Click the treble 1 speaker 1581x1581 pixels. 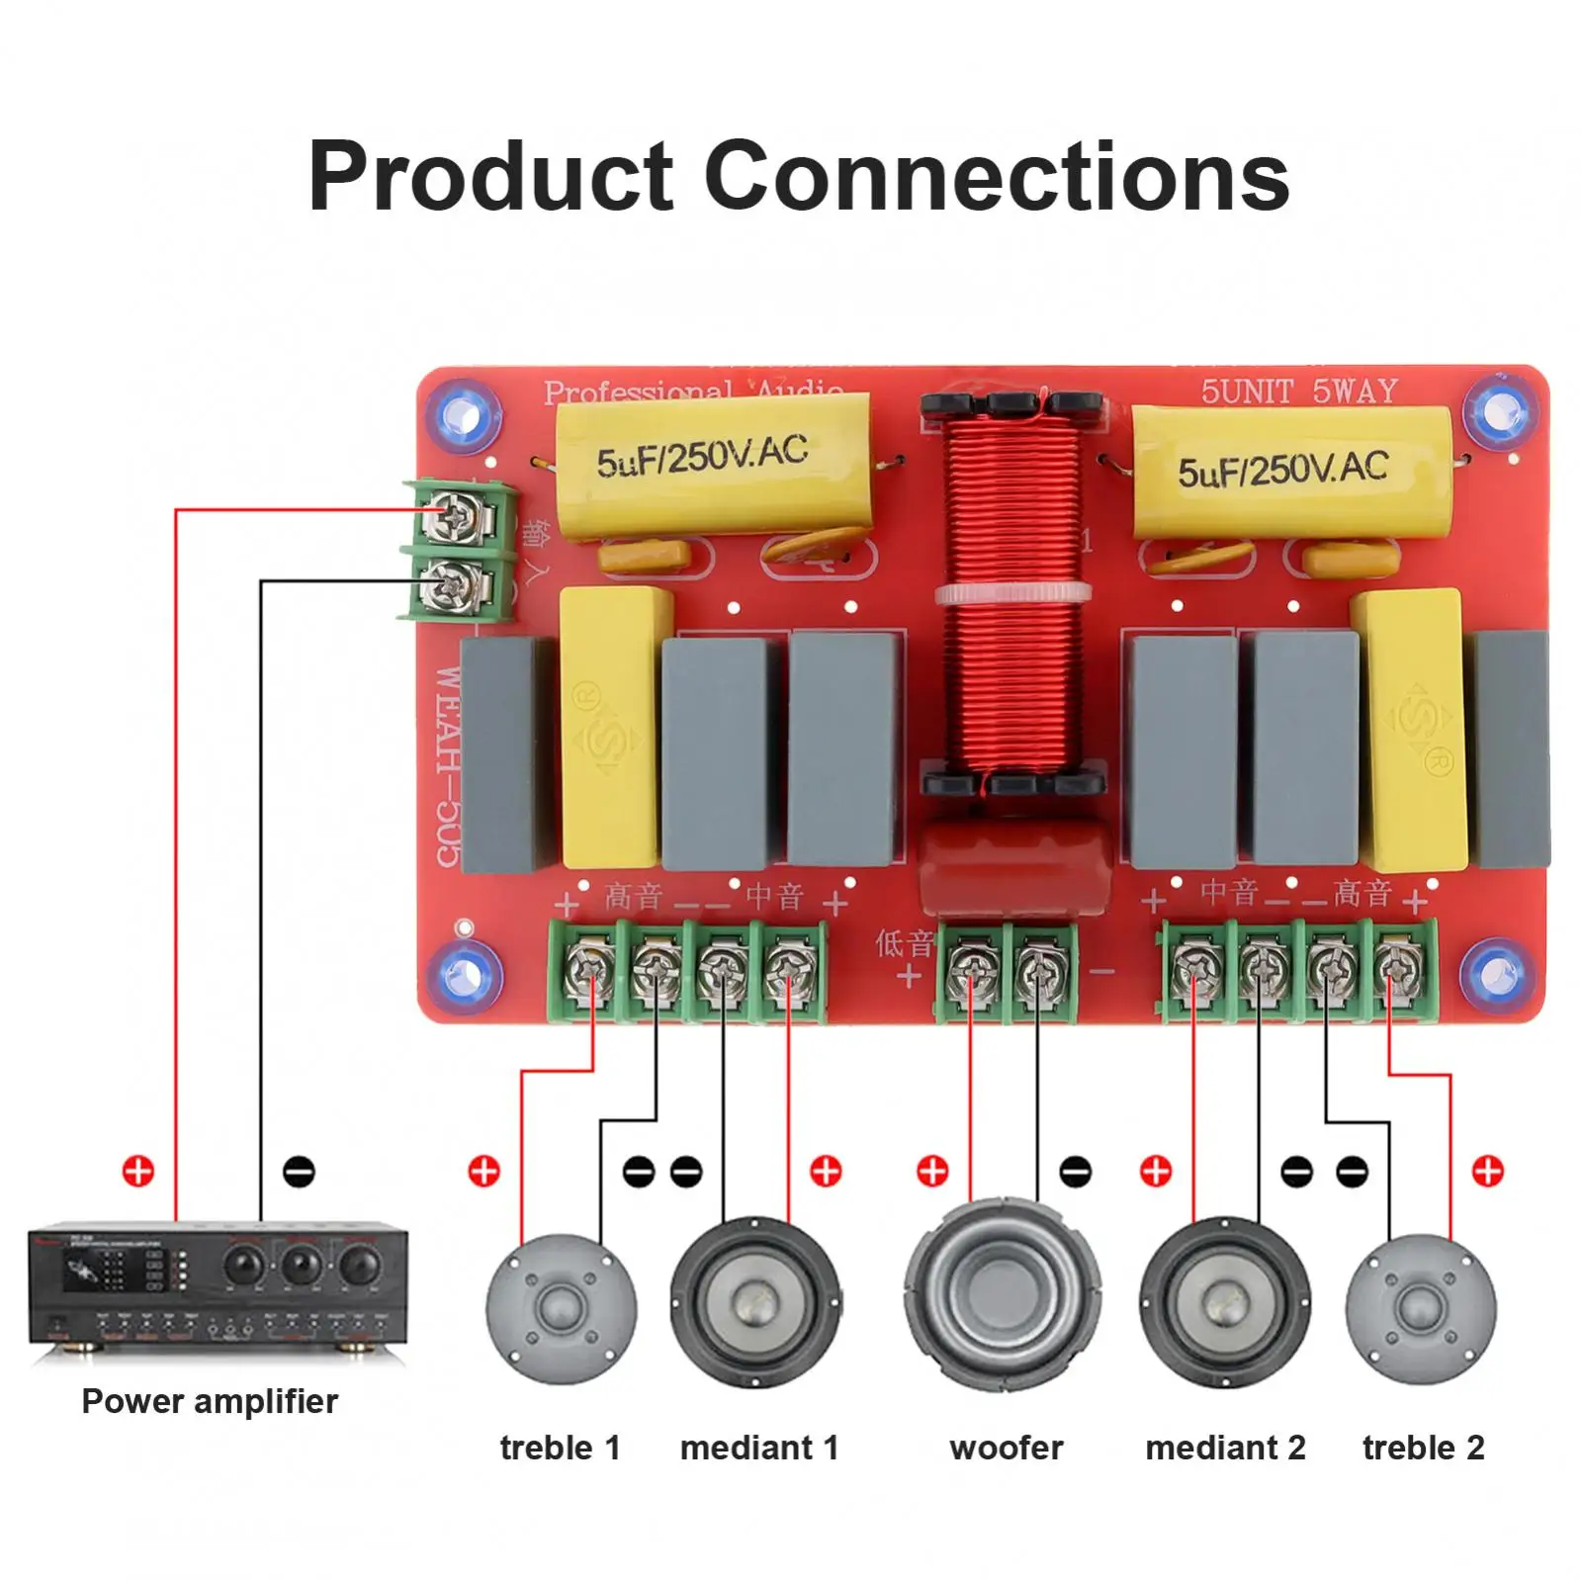[x=561, y=1309]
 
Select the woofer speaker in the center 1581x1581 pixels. [x=1003, y=1294]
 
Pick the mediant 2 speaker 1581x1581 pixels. [x=1224, y=1301]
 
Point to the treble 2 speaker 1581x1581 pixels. [x=1420, y=1309]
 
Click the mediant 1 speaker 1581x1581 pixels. [x=756, y=1301]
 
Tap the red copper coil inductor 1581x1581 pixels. [x=1010, y=593]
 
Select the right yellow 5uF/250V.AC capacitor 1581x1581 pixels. [x=1290, y=470]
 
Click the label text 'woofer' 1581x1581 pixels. [x=1006, y=1448]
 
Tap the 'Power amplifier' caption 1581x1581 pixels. [x=210, y=1401]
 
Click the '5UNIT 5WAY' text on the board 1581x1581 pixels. [x=1298, y=392]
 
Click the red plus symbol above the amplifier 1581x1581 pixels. [x=138, y=1171]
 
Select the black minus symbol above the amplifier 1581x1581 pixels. [x=299, y=1172]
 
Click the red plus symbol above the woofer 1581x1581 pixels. [x=931, y=1171]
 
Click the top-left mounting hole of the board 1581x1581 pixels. [x=463, y=413]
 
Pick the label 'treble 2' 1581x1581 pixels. [x=1423, y=1448]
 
